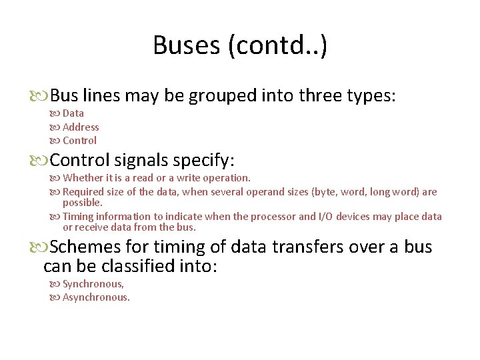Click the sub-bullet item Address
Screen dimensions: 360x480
point(81,127)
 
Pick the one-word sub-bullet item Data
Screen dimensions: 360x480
point(73,113)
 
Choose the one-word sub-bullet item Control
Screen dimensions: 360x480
point(79,140)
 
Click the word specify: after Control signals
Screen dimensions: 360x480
point(203,160)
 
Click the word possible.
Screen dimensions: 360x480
point(83,202)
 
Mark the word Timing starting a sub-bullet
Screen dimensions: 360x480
point(78,216)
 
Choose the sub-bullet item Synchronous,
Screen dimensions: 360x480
point(93,283)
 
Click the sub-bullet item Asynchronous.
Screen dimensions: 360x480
point(96,297)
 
